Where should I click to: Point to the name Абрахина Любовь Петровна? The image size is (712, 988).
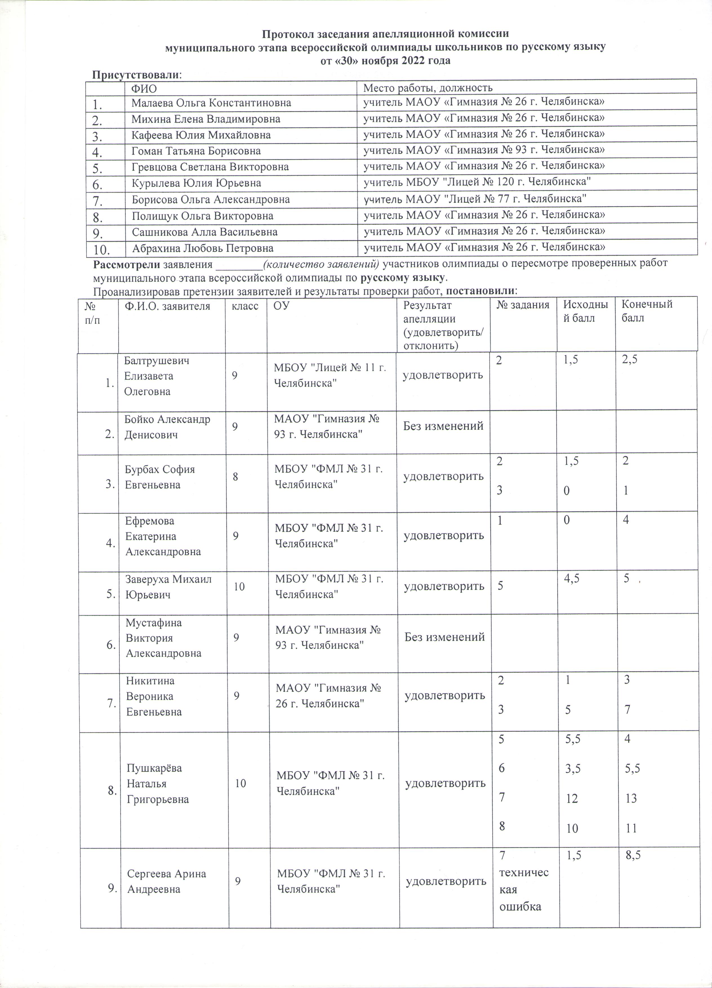click(203, 248)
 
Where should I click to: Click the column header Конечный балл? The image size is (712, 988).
click(647, 311)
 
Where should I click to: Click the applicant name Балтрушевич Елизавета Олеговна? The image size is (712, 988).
click(157, 376)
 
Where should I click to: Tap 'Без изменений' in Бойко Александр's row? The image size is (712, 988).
click(443, 426)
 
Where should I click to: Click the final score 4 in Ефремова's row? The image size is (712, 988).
click(626, 520)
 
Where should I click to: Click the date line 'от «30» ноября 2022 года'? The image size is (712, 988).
click(385, 61)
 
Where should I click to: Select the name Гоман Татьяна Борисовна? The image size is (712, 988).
click(196, 151)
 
